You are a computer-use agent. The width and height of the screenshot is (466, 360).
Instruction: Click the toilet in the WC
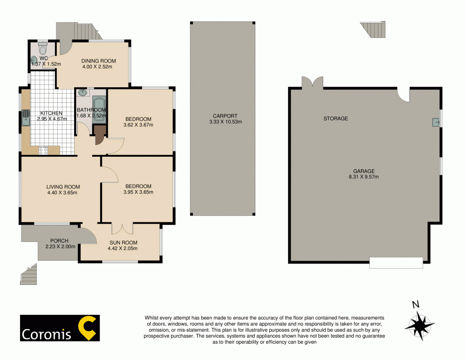tap(42, 48)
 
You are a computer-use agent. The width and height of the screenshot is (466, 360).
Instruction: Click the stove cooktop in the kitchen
tap(43, 150)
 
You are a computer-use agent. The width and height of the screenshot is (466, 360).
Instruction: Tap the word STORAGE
tap(336, 118)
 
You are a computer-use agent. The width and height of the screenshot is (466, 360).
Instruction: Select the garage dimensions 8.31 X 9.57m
tap(363, 177)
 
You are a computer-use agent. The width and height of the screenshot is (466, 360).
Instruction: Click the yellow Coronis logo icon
tap(86, 328)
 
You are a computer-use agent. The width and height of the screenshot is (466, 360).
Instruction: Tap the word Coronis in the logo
tap(47, 334)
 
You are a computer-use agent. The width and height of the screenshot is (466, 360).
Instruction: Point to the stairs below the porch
tap(28, 275)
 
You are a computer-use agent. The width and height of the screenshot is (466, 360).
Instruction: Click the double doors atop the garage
tap(312, 83)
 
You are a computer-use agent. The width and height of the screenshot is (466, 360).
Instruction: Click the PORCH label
tap(59, 241)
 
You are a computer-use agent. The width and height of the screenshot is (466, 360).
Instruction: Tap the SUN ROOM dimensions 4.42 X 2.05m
tap(123, 248)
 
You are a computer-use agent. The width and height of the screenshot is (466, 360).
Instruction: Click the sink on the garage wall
tap(435, 122)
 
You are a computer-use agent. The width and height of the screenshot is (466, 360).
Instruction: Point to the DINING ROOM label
tap(98, 61)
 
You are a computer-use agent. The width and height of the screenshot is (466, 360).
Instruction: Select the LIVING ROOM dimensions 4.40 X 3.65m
tap(62, 192)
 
